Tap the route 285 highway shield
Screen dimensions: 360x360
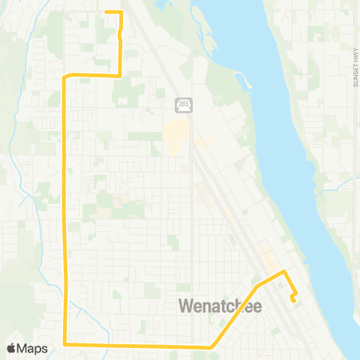pyautogui.click(x=183, y=103)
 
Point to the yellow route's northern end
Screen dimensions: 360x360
pyautogui.click(x=106, y=12)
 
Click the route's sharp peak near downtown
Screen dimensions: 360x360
pyautogui.click(x=283, y=271)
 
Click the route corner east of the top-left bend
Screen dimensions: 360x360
pyautogui.click(x=121, y=75)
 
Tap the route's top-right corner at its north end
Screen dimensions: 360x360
pyautogui.click(x=121, y=13)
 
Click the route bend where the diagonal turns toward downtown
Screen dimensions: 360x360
pyautogui.click(x=256, y=286)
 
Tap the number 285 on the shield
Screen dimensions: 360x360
pyautogui.click(x=183, y=104)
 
